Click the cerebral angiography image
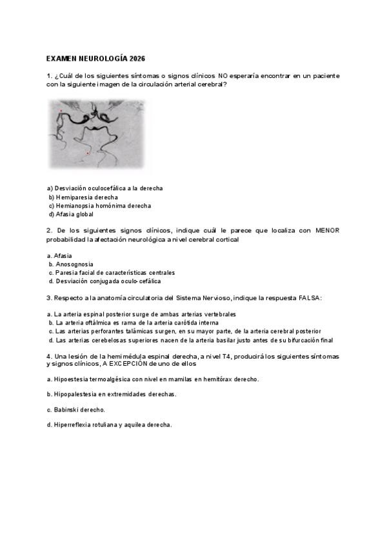click(97, 134)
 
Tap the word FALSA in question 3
click(305, 298)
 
